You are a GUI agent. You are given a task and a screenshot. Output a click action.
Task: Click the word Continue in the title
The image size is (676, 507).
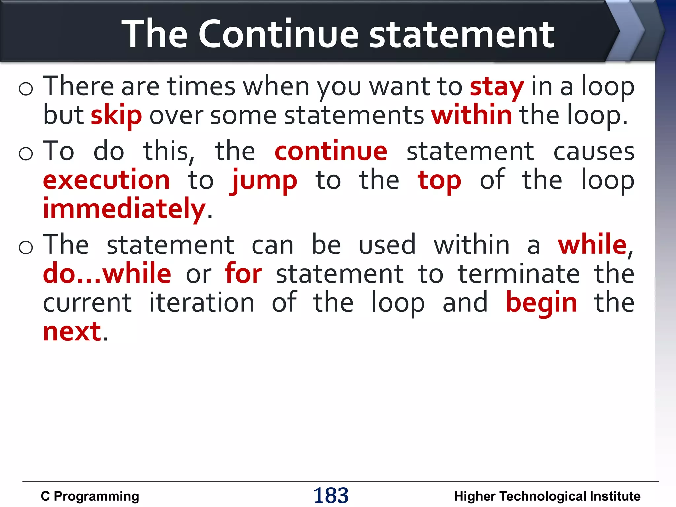pyautogui.click(x=278, y=34)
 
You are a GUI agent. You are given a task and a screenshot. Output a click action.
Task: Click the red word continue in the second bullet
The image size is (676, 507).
pyautogui.click(x=331, y=152)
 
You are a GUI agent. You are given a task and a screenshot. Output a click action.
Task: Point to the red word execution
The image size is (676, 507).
pyautogui.click(x=106, y=181)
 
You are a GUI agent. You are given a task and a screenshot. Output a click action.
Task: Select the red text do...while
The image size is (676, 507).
pyautogui.click(x=107, y=274)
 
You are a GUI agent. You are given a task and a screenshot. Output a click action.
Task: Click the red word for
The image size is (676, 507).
pyautogui.click(x=243, y=274)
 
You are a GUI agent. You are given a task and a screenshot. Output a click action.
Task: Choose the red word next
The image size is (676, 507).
pyautogui.click(x=72, y=332)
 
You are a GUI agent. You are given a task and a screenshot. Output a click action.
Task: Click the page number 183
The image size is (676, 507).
pyautogui.click(x=331, y=495)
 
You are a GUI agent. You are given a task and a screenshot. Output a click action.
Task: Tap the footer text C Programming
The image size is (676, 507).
pyautogui.click(x=90, y=496)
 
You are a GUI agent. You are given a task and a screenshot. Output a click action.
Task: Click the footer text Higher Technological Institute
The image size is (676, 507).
pyautogui.click(x=547, y=496)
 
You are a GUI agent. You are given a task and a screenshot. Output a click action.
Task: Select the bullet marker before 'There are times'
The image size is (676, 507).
pyautogui.click(x=26, y=88)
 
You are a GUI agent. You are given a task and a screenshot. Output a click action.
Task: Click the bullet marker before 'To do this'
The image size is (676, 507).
pyautogui.click(x=26, y=153)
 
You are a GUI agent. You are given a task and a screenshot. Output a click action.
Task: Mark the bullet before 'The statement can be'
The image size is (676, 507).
pyautogui.click(x=26, y=247)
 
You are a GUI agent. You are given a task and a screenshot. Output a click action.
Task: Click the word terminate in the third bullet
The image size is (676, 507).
pyautogui.click(x=519, y=274)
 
